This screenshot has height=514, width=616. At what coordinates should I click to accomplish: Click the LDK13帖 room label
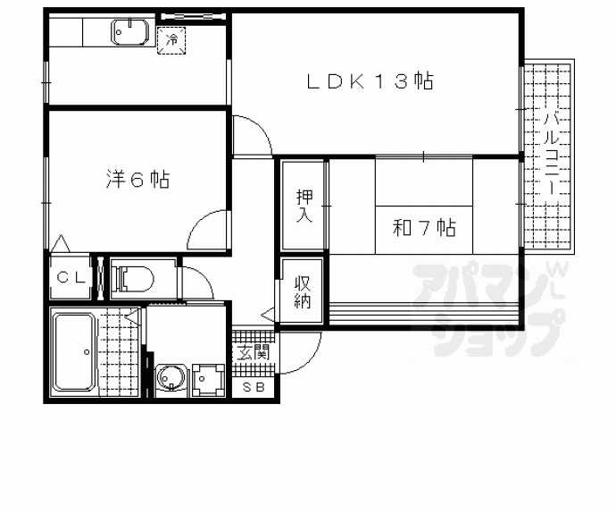[x=370, y=81]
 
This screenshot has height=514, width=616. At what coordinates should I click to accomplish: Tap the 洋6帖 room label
[x=137, y=180]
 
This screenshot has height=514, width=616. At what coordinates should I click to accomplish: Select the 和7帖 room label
[x=424, y=227]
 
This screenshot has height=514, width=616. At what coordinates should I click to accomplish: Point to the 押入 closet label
[x=304, y=206]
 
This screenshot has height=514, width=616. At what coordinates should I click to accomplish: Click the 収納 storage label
[x=303, y=292]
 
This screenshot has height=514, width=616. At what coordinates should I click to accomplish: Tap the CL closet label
[x=71, y=278]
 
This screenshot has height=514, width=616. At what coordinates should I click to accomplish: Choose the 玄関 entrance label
[x=254, y=352]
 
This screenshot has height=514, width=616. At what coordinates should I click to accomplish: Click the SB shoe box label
[x=254, y=387]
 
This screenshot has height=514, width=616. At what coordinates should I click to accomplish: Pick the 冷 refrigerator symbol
[x=171, y=39]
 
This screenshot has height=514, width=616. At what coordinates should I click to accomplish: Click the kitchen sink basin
[x=130, y=31]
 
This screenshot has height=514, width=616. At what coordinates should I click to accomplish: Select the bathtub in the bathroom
[x=74, y=351]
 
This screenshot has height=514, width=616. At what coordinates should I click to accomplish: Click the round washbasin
[x=171, y=377]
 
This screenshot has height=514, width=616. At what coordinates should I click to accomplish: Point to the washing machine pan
[x=208, y=380]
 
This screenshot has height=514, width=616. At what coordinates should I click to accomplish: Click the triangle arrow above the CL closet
[x=61, y=244]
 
